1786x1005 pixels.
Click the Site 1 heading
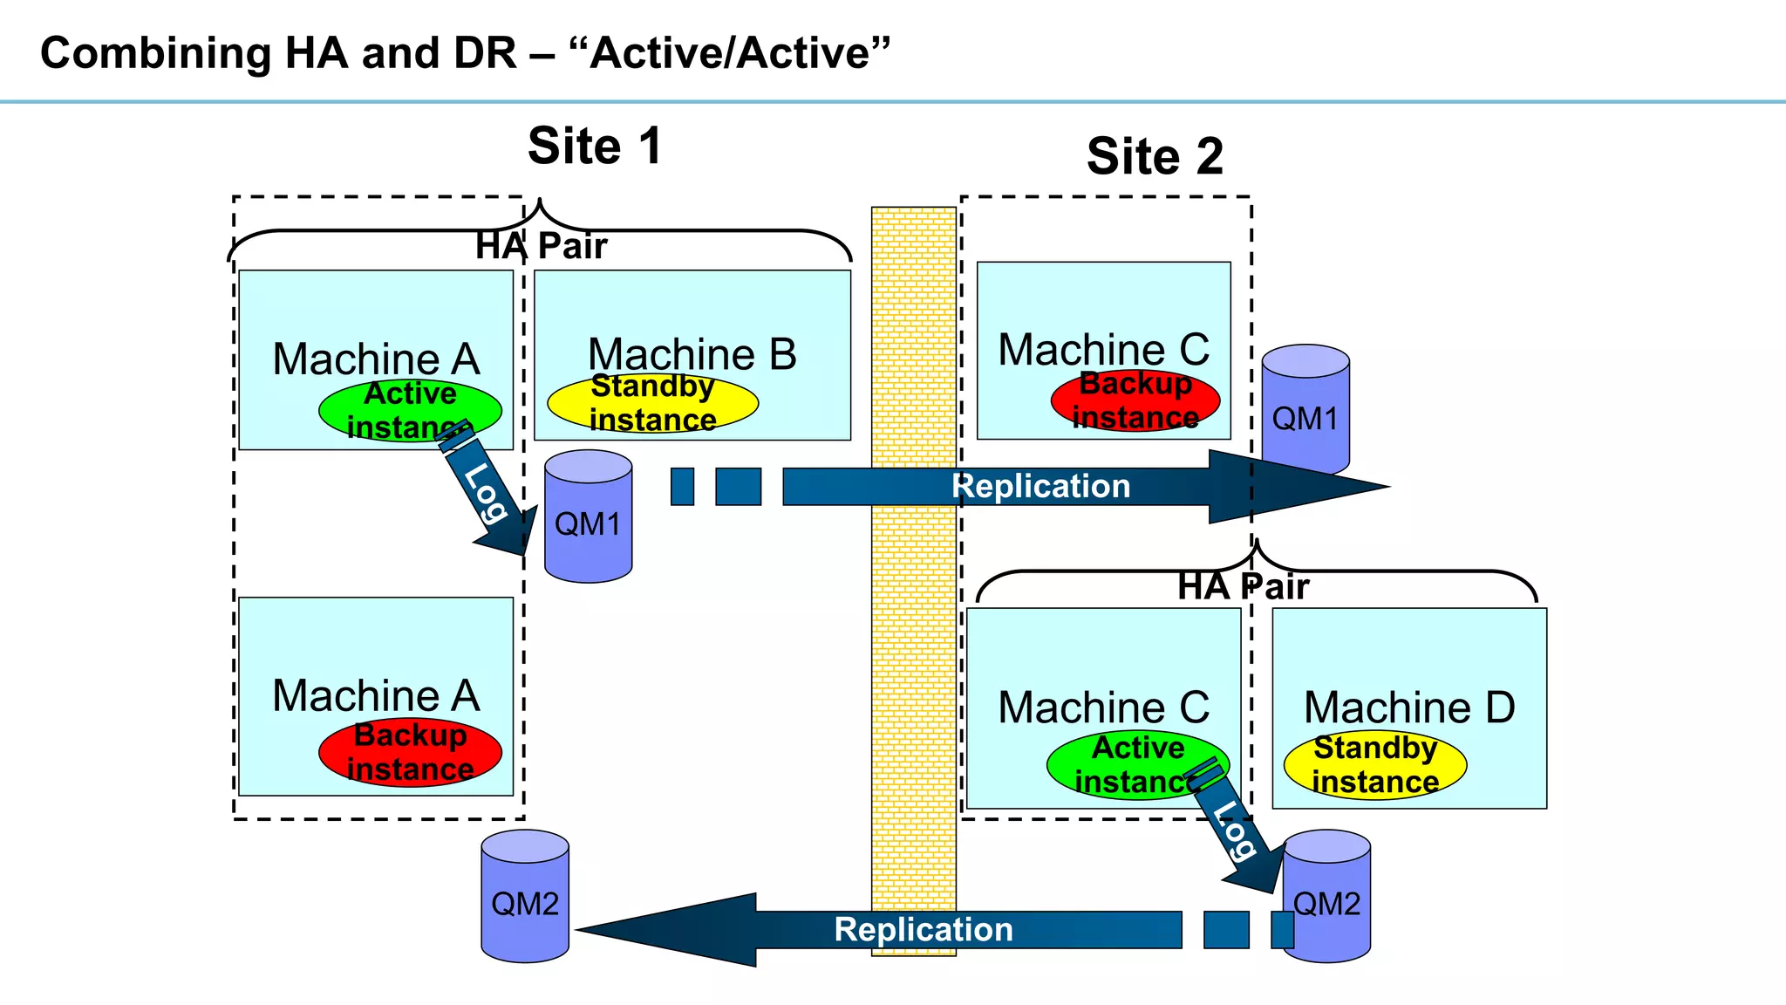595,146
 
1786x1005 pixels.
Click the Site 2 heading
1155,157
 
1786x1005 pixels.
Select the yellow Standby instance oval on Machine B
652,403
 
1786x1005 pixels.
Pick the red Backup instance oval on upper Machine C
1135,400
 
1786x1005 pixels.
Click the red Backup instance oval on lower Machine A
410,752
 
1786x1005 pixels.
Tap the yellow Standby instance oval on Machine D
1375,765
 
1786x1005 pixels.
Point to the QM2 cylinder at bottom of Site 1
525,898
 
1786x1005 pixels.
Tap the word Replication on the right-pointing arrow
1041,487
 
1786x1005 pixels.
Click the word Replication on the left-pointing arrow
924,930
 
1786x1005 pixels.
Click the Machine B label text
692,354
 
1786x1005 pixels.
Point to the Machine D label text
1409,708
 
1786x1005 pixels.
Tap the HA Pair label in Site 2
1243,587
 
